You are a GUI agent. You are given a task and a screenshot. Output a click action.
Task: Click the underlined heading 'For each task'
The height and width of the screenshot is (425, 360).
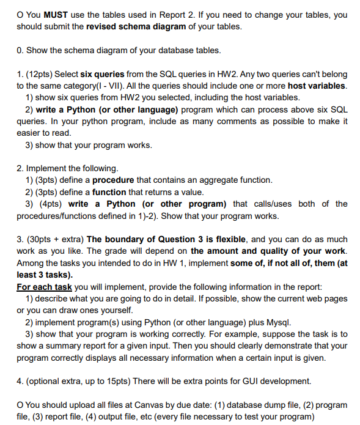[42, 286]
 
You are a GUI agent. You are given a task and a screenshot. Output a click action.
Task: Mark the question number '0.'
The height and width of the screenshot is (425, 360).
[20, 50]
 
